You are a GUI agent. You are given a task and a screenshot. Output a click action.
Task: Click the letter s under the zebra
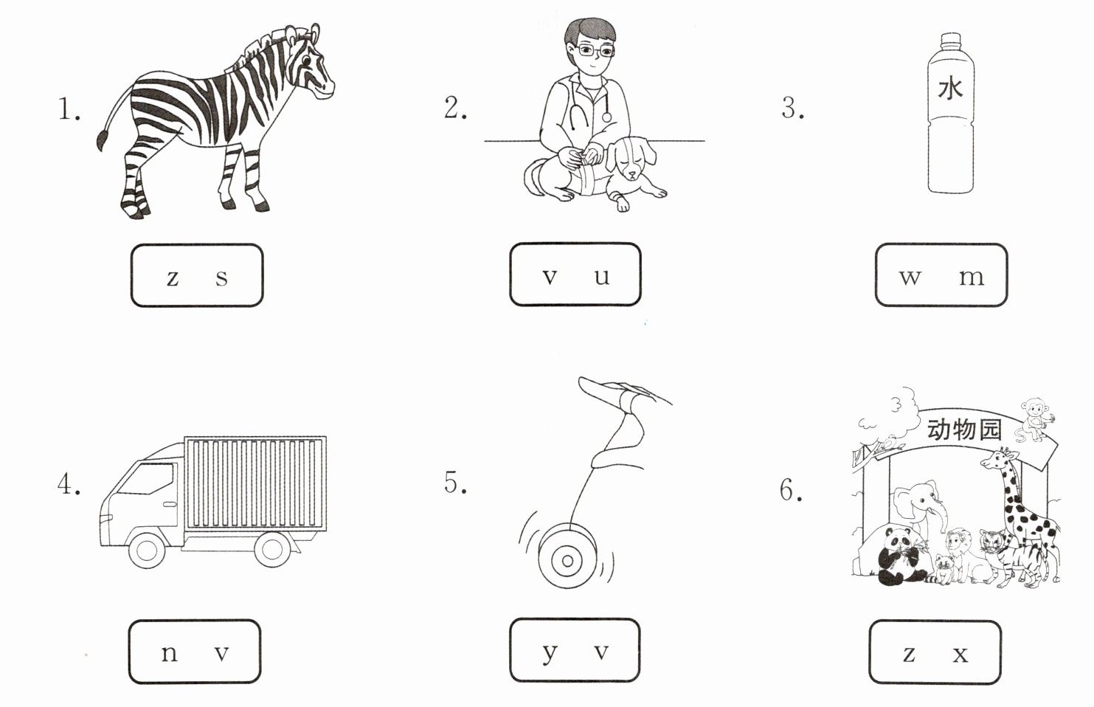point(221,278)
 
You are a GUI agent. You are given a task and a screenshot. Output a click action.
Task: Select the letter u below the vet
point(602,277)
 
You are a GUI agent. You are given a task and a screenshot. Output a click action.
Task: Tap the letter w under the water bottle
point(910,277)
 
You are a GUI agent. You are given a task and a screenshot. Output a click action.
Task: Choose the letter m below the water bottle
point(972,277)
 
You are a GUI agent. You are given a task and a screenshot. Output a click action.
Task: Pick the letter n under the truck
point(170,654)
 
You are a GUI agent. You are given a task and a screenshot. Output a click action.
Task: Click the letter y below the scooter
point(550,654)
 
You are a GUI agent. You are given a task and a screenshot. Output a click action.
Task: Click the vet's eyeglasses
point(595,51)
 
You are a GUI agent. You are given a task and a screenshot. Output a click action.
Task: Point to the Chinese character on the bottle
point(950,89)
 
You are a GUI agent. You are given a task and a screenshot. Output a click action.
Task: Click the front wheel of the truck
point(146,551)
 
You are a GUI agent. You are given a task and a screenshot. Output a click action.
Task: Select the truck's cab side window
point(147,479)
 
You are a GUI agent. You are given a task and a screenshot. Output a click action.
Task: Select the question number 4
point(69,485)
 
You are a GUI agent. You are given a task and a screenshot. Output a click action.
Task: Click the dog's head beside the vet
point(630,157)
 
